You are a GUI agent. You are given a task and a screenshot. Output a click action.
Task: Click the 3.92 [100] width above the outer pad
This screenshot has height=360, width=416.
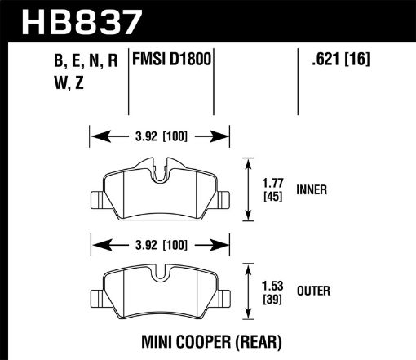pyautogui.click(x=159, y=242)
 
